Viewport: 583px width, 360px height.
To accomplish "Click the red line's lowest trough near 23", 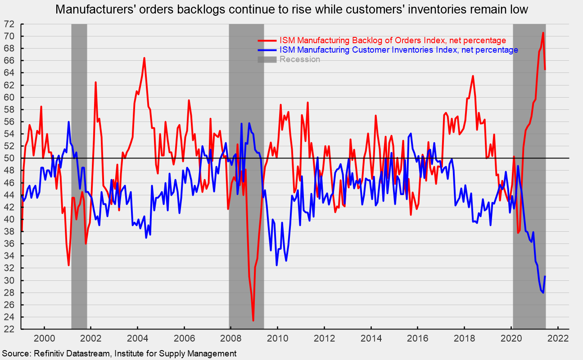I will click(253, 320).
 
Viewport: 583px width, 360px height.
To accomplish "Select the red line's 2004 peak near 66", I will click(144, 58).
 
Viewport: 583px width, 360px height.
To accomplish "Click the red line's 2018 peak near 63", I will click(473, 76).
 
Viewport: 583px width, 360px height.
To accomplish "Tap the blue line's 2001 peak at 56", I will click(68, 121).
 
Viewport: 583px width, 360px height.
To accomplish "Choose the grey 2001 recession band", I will click(79, 180).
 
